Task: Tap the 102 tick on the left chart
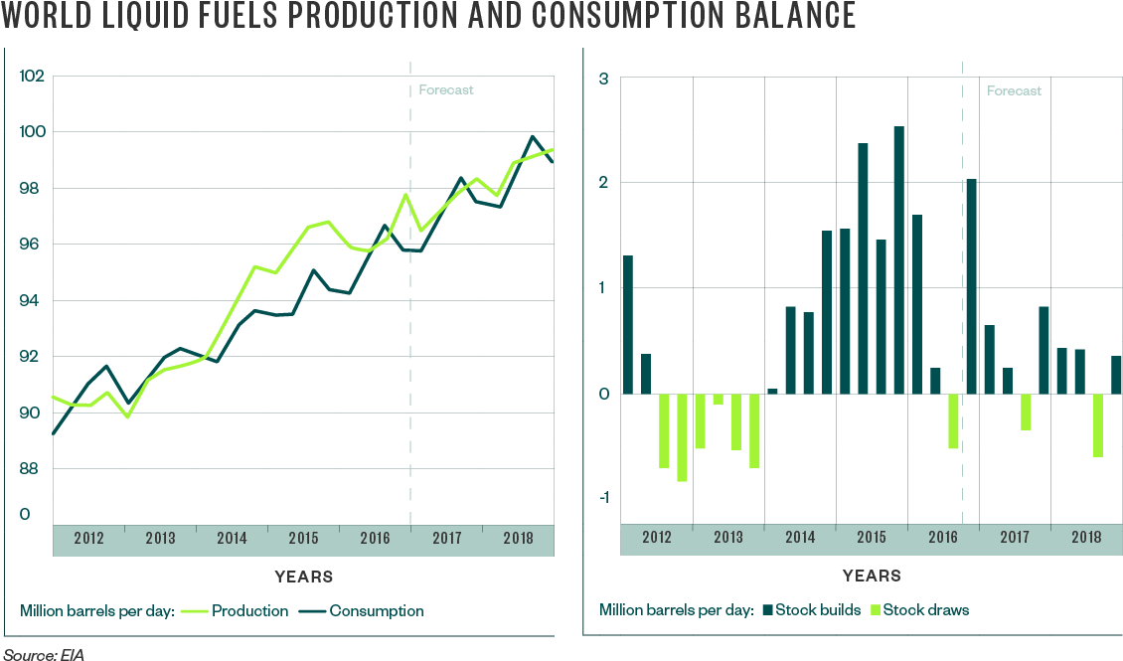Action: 33,76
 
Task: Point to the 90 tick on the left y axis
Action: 33,413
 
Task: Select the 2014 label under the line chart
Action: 232,538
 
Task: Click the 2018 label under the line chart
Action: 518,538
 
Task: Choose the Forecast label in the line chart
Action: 446,89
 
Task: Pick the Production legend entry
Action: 248,610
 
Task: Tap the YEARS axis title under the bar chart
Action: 872,576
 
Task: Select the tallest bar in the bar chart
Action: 898,259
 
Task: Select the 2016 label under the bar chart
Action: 943,538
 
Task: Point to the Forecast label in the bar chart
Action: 1014,90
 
